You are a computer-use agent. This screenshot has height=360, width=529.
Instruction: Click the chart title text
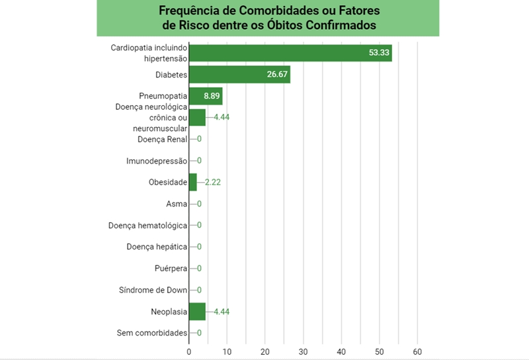[268, 19]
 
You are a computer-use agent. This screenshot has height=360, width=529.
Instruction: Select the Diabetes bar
[239, 75]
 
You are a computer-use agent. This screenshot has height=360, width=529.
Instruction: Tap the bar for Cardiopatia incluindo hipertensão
[290, 53]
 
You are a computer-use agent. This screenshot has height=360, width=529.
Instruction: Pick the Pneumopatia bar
[206, 96]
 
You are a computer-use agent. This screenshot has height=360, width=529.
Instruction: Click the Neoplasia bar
[197, 311]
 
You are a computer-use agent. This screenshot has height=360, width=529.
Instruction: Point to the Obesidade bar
[193, 182]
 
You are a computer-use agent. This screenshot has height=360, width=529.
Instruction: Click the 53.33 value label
[379, 53]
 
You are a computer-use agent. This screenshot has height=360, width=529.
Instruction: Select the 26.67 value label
[277, 75]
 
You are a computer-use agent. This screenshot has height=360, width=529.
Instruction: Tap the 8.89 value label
[212, 96]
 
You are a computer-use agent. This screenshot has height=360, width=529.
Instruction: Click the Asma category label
[177, 204]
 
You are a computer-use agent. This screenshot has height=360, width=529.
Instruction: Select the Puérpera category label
[170, 268]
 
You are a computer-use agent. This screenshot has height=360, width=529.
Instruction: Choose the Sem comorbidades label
[152, 333]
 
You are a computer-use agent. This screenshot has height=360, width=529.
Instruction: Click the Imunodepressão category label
[157, 161]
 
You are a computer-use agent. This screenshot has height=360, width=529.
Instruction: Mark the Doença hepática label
[157, 247]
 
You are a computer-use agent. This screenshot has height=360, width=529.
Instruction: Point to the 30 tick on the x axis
[304, 351]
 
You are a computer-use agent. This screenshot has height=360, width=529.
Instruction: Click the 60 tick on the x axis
[417, 351]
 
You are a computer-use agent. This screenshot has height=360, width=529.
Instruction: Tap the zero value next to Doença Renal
[199, 139]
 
